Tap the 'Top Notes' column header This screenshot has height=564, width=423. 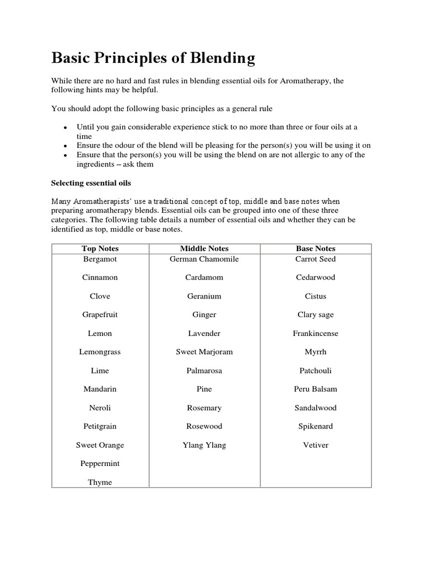click(x=100, y=248)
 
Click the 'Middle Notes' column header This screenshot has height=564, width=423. click(x=204, y=248)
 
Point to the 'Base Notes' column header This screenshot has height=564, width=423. click(x=315, y=248)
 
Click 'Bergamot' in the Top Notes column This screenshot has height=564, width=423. click(x=100, y=259)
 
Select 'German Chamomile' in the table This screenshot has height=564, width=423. click(x=204, y=259)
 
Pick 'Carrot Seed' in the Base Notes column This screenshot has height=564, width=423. click(x=315, y=259)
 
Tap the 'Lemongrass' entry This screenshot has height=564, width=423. click(x=100, y=352)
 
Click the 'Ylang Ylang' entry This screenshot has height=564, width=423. click(x=204, y=445)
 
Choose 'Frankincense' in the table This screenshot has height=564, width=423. click(x=315, y=333)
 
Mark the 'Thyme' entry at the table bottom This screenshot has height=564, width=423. click(x=100, y=482)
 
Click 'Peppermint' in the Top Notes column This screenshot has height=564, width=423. click(x=100, y=464)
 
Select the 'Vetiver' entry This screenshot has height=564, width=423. click(x=315, y=445)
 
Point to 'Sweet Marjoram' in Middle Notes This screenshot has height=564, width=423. click(x=204, y=352)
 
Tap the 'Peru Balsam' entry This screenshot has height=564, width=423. click(x=315, y=389)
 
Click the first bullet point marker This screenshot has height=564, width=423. click(x=66, y=128)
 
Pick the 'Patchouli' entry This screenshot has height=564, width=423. click(x=315, y=371)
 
